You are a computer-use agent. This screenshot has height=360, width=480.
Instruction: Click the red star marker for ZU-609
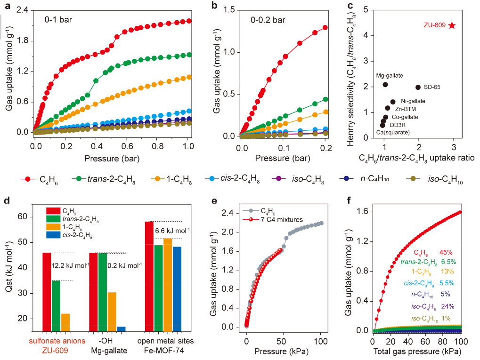452,25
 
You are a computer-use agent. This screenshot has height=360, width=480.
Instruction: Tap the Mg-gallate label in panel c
390,75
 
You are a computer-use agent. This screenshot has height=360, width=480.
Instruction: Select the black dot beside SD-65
418,87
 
